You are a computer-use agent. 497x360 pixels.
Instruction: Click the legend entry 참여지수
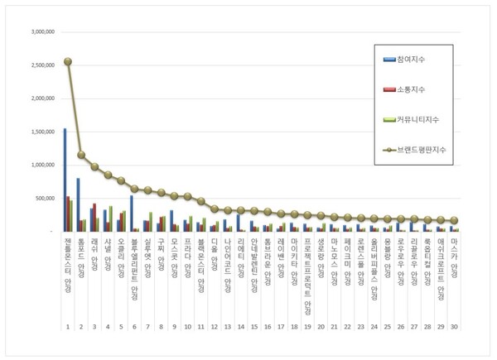(414, 60)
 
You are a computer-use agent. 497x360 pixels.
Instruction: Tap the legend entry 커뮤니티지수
(417, 120)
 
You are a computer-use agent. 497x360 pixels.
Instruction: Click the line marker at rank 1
(67, 61)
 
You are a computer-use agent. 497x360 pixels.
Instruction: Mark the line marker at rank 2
(80, 155)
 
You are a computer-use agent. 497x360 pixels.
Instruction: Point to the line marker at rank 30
(454, 220)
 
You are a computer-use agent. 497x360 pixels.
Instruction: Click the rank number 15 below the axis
(253, 327)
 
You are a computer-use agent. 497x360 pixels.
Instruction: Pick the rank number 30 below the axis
(453, 327)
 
